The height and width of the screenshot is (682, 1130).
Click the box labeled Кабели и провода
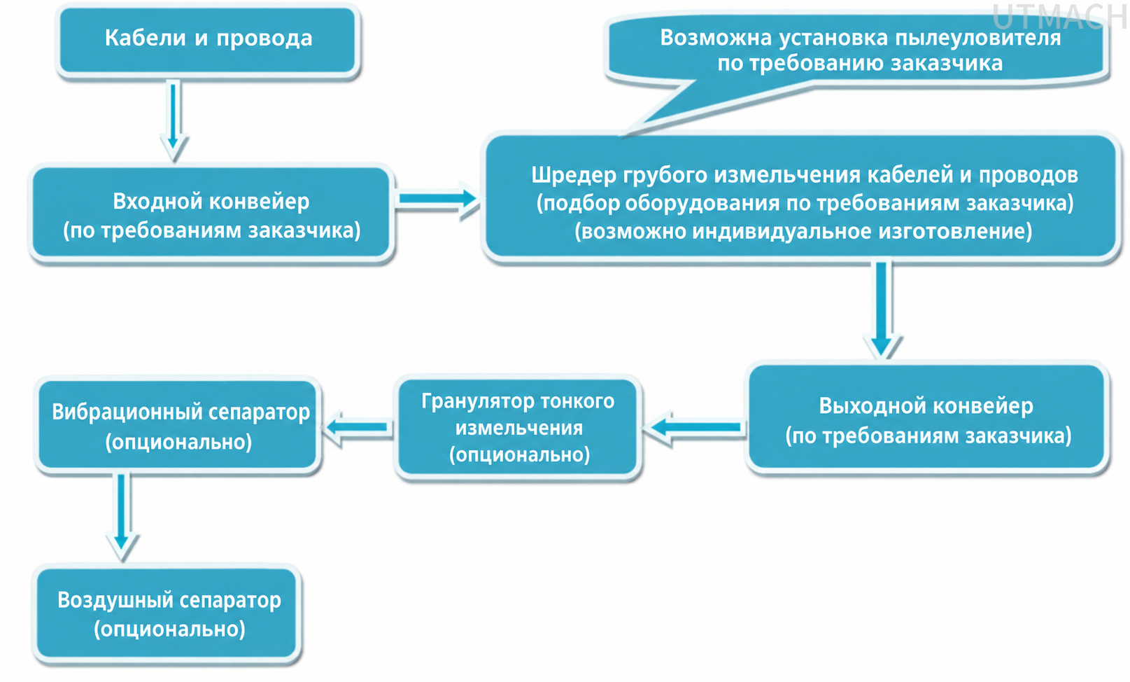coord(208,41)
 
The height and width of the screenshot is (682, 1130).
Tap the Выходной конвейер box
coord(926,418)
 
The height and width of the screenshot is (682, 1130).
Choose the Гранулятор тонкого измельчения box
coord(518,427)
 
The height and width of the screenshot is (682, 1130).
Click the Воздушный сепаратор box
coord(167,614)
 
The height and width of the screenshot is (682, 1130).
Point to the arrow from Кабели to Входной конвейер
coord(173,120)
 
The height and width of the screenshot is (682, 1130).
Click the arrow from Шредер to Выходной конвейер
coord(882,309)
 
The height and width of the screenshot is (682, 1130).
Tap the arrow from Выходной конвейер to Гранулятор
coord(695,428)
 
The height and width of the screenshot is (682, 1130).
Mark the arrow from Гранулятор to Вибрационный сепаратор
coord(357,427)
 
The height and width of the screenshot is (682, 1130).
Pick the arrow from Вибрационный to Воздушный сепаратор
coord(122,516)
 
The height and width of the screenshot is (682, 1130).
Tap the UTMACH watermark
coord(1059,18)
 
